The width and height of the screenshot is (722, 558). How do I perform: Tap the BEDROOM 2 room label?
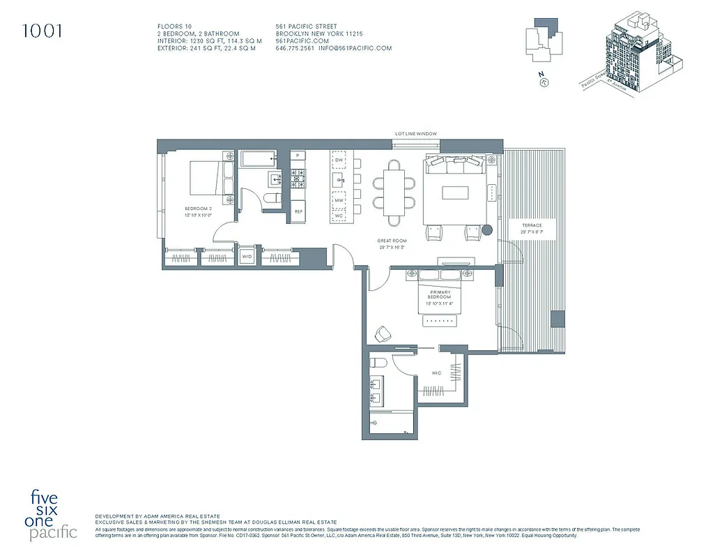(197, 209)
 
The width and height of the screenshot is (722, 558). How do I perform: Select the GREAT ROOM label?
(392, 241)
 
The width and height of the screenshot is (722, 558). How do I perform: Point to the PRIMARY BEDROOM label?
(440, 296)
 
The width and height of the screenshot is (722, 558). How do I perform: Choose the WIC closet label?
(436, 373)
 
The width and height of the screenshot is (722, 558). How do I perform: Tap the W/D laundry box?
(247, 257)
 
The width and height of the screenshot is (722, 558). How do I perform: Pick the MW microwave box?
(339, 201)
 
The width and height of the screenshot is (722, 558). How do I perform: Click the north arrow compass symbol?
(542, 82)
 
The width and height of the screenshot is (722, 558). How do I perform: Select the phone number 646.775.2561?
(295, 48)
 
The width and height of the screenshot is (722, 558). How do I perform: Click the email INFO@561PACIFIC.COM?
(355, 48)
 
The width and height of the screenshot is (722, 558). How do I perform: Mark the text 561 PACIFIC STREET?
(307, 27)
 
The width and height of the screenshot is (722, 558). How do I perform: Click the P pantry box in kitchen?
(298, 155)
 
